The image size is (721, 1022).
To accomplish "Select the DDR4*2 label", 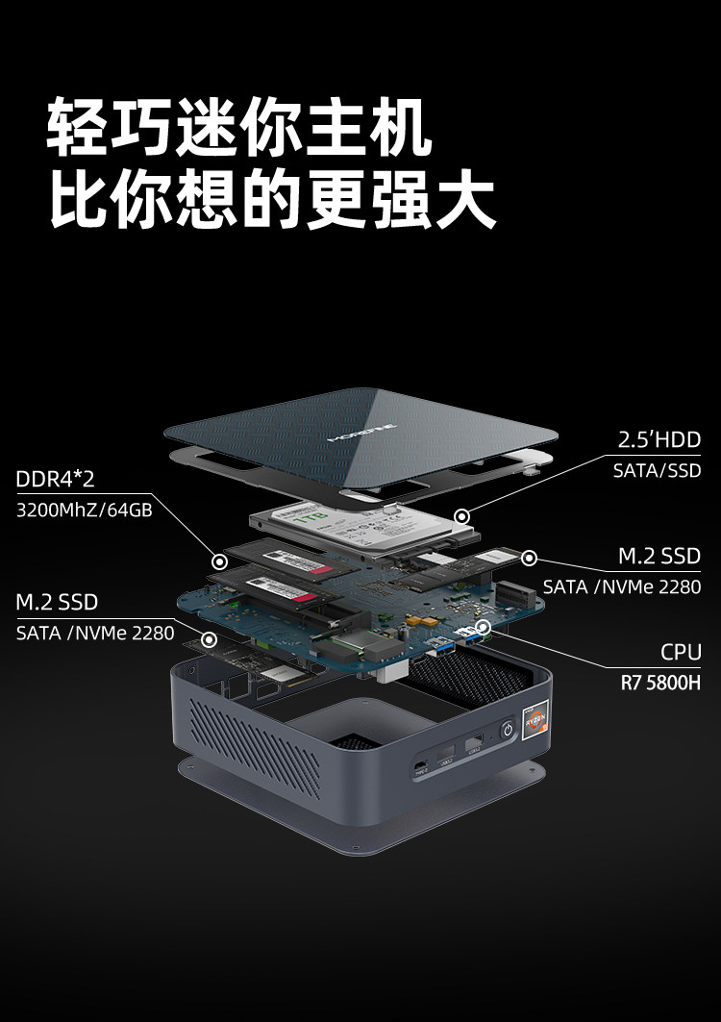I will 55,479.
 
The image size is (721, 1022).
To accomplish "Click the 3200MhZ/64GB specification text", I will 85,510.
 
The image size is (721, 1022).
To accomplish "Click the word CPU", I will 681,653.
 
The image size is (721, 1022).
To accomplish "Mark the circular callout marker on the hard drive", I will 462,516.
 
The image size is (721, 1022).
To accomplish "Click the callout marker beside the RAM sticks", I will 219,561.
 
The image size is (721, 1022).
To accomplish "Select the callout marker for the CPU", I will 484,627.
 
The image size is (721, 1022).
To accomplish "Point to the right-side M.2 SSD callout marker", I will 529,557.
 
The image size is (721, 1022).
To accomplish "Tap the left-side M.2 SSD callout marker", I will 208,638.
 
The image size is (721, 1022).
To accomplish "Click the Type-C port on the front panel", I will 420,766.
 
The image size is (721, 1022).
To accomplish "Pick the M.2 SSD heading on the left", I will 57,602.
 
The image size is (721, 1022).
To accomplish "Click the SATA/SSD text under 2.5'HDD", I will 657,471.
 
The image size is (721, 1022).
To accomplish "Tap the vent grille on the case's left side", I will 256,746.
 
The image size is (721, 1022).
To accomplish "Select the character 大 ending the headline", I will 464,198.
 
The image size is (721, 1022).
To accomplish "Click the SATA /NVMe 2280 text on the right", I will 621,586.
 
